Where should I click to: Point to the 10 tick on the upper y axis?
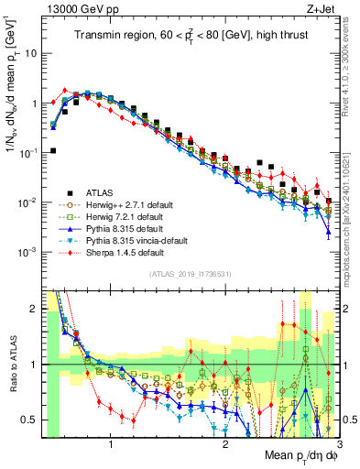point(29,53)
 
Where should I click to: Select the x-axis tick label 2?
point(225,446)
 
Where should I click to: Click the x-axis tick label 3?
point(338,446)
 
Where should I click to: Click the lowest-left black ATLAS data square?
point(53,150)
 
